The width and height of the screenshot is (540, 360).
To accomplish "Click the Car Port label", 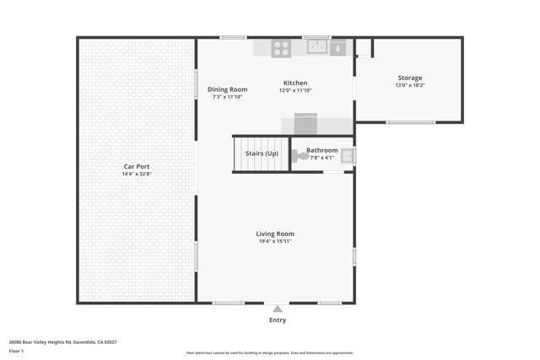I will click(x=137, y=167).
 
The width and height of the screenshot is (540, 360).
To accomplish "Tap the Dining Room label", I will click(x=228, y=89).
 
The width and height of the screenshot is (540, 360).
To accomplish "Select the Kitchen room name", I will click(x=295, y=83).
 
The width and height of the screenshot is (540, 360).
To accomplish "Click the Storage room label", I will click(x=410, y=78).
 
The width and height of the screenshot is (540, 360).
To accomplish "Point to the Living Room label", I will click(x=275, y=234).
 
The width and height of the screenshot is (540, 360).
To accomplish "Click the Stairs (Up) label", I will click(x=262, y=153).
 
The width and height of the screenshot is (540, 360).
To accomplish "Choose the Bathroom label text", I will click(x=322, y=150).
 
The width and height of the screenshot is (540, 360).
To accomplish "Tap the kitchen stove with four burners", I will click(x=281, y=48).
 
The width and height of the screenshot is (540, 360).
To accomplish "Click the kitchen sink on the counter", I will click(x=317, y=46).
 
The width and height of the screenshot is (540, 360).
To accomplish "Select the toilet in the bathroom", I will click(x=300, y=156).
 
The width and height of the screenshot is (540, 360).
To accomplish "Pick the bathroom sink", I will click(x=347, y=156).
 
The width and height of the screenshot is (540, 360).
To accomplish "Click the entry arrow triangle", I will click(x=278, y=309).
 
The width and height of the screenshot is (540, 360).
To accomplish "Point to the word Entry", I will click(x=278, y=320).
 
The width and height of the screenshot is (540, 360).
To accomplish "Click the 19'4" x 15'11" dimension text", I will click(x=275, y=242).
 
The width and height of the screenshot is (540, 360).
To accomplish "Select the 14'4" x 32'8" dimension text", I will click(x=137, y=175).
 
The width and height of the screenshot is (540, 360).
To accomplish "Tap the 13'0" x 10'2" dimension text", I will click(x=410, y=85).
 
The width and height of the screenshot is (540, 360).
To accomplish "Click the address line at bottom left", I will click(x=62, y=342).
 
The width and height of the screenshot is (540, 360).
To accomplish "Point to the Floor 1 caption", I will click(x=16, y=351).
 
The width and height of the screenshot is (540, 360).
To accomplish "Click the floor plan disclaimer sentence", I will click(x=270, y=353).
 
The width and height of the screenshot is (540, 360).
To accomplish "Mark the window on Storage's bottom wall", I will click(x=411, y=123).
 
